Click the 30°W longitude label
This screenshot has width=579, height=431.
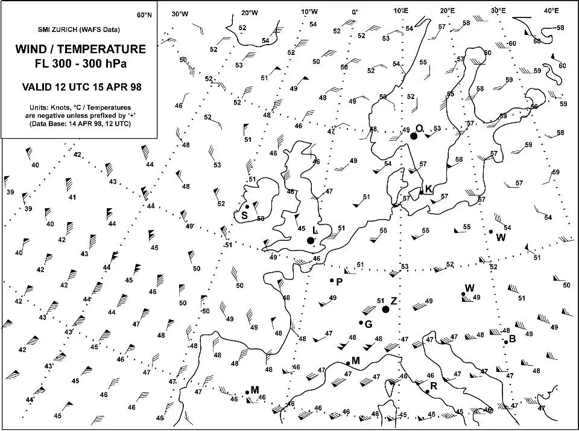[x=180, y=13]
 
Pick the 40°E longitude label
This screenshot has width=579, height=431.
[x=551, y=10]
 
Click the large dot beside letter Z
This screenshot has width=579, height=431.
[x=386, y=309]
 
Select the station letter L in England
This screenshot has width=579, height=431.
[x=315, y=231]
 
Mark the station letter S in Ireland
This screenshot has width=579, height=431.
[x=244, y=215]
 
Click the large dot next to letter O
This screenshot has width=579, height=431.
[x=414, y=136]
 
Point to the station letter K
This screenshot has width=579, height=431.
[x=429, y=189]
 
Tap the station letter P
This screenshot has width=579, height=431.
[x=340, y=281]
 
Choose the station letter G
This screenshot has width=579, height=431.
[x=369, y=324]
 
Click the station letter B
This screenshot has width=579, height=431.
[x=513, y=339]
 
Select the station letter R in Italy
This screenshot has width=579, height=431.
[x=433, y=386]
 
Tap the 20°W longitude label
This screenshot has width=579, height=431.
[x=250, y=13]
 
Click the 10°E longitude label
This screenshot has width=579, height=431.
[x=401, y=11]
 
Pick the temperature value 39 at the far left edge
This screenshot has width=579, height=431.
[x=10, y=192]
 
